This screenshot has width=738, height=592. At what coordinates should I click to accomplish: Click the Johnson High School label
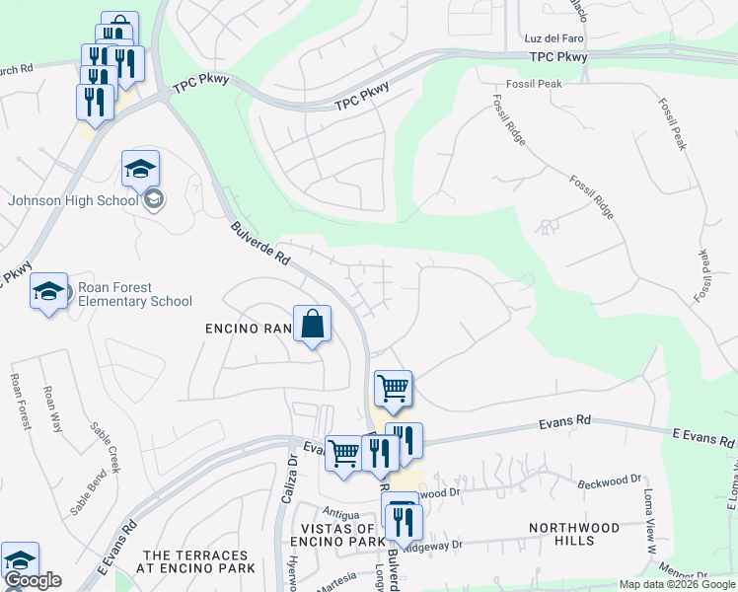[x=73, y=200]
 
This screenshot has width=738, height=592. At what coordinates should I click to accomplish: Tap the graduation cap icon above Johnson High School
[x=140, y=169]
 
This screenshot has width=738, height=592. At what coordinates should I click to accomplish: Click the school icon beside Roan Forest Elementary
[x=48, y=292]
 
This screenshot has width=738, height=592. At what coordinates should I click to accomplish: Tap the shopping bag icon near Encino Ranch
[x=312, y=325]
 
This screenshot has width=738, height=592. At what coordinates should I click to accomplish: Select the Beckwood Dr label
[x=609, y=481]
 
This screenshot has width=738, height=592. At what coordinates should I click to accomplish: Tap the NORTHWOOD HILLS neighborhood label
[x=575, y=534]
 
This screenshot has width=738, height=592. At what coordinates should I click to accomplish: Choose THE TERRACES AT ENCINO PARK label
[x=199, y=561]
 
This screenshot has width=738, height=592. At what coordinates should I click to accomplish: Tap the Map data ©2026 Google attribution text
[x=677, y=584]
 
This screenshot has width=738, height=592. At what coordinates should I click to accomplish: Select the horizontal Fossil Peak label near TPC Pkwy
[x=534, y=84]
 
